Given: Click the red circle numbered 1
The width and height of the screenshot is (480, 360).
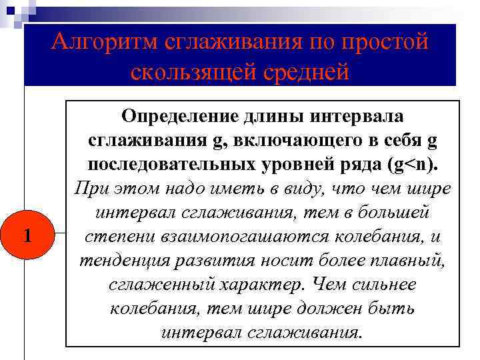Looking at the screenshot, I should pyautogui.click(x=27, y=236).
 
